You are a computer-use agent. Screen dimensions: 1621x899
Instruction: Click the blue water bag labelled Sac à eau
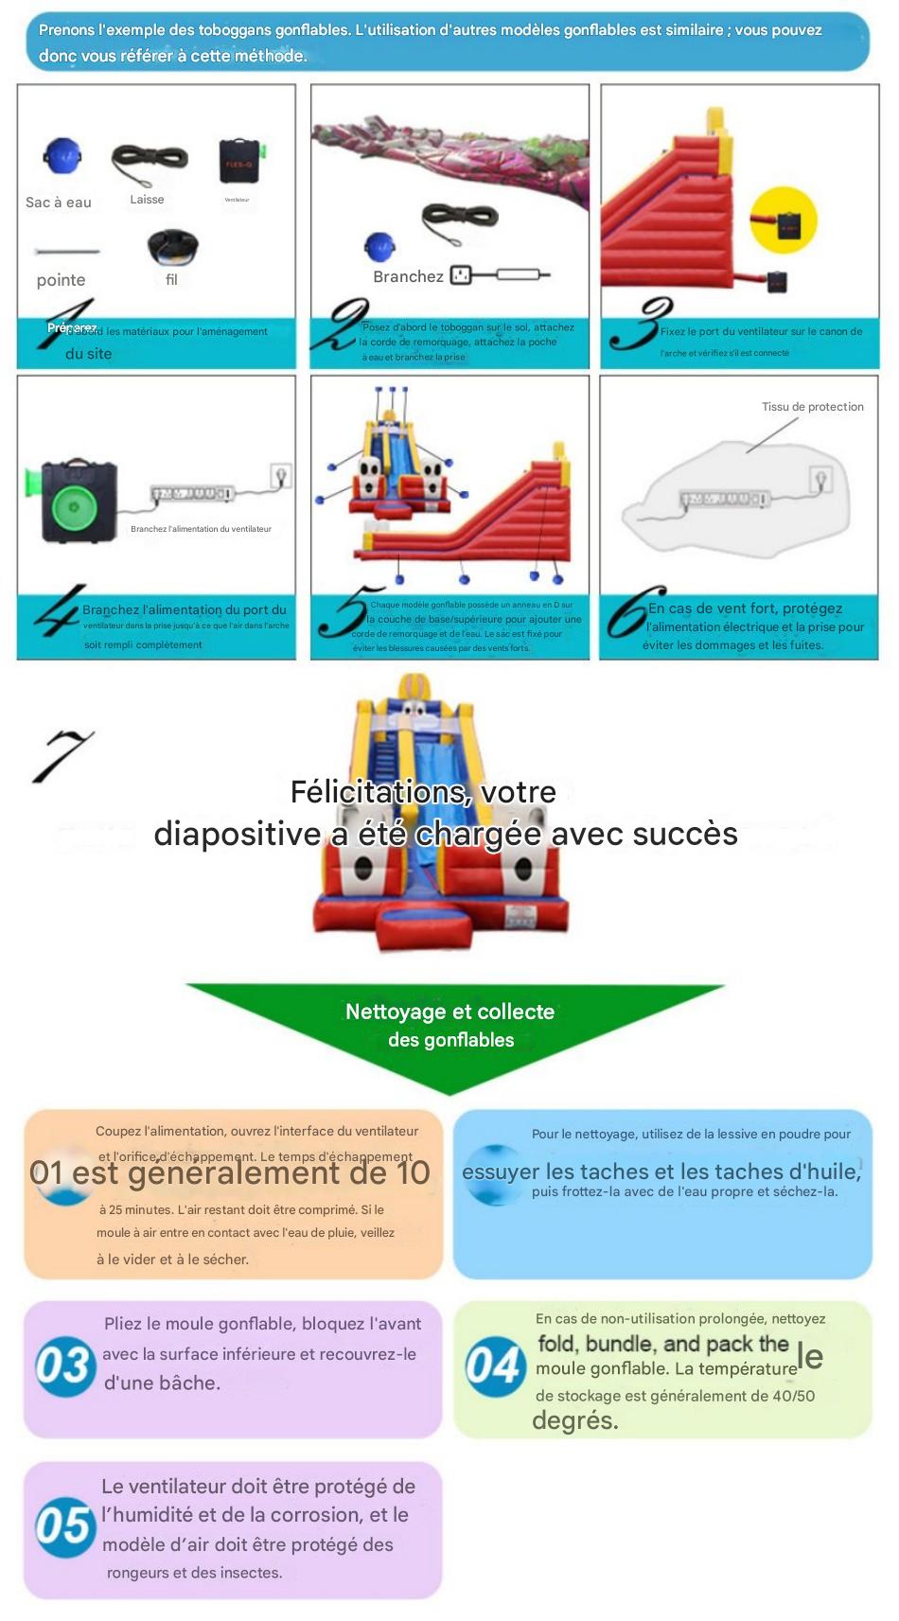(62, 158)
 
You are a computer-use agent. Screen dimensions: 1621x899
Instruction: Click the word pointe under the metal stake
(61, 280)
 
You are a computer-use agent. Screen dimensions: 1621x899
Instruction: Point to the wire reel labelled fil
(172, 247)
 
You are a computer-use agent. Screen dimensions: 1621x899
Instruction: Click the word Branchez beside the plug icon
(408, 276)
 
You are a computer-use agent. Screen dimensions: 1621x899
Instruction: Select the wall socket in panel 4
(280, 475)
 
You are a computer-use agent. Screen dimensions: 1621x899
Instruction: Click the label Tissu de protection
(812, 407)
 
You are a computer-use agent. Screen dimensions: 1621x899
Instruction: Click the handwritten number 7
(63, 755)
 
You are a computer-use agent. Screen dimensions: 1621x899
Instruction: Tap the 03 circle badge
(63, 1366)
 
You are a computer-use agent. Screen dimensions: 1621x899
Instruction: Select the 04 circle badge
(495, 1366)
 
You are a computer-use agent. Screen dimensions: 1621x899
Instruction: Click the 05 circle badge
(63, 1526)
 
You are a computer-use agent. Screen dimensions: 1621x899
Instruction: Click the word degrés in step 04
(575, 1420)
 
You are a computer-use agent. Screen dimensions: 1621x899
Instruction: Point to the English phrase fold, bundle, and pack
(662, 1344)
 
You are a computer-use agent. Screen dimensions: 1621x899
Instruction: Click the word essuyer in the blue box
(501, 1172)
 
